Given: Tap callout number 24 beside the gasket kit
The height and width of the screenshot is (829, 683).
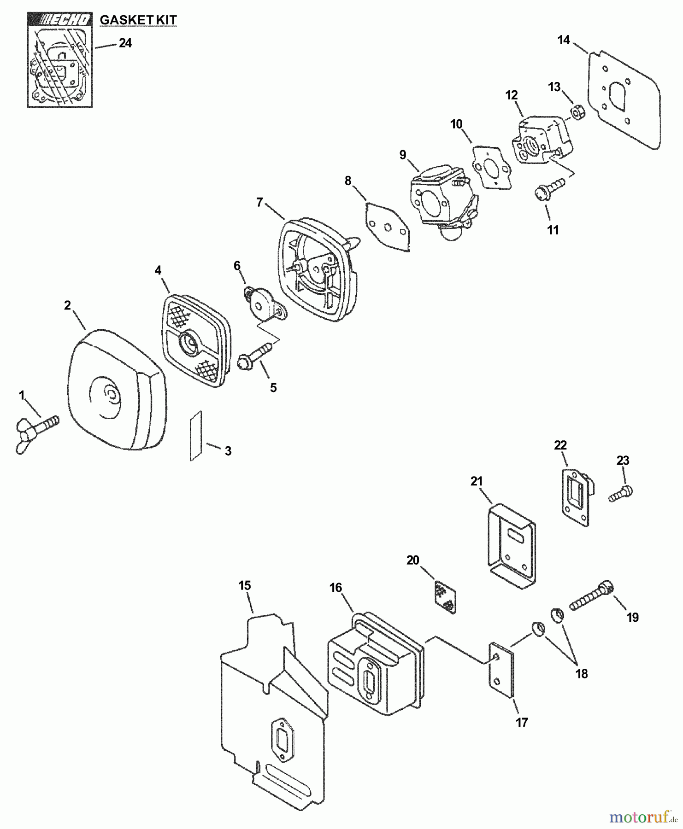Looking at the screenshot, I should (125, 43).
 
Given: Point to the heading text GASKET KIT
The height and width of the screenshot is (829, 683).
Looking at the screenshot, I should (138, 20).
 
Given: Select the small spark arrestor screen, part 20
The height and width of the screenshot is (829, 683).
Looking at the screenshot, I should (444, 597).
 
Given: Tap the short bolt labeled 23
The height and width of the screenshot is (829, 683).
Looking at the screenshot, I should (621, 494).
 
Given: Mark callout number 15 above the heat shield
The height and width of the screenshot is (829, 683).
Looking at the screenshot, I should (245, 586).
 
